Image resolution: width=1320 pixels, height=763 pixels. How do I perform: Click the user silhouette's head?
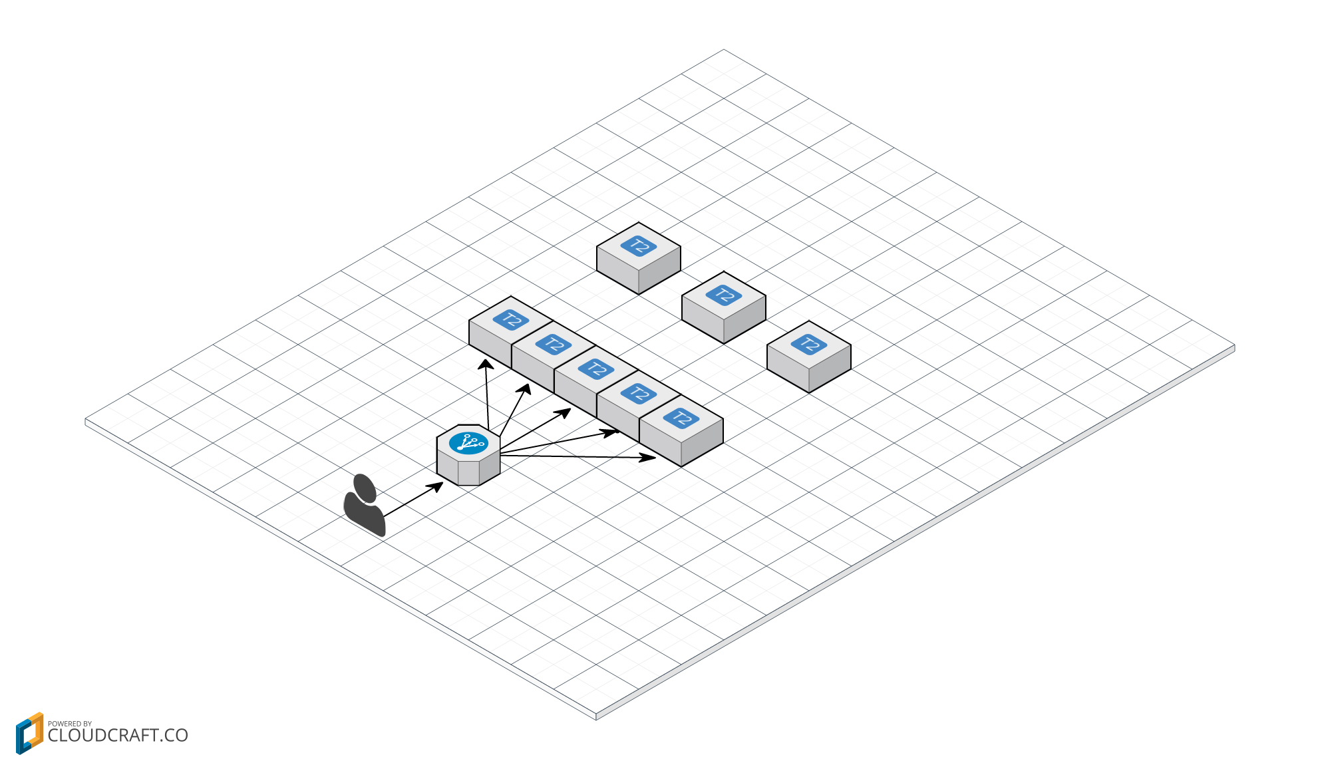[x=365, y=488]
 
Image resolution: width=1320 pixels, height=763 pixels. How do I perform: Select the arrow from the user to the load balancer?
[x=412, y=500]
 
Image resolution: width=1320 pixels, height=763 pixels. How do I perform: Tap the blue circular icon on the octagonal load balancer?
[x=468, y=443]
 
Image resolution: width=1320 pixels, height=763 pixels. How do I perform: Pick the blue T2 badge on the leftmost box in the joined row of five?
[x=511, y=320]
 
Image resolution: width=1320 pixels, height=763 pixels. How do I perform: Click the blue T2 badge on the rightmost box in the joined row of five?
[x=681, y=418]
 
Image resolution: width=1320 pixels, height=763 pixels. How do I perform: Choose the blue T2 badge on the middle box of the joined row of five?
[x=596, y=369]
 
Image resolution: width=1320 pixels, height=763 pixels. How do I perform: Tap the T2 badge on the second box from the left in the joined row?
[x=554, y=345]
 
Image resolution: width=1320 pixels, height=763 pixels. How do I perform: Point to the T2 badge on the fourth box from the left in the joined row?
[x=639, y=394]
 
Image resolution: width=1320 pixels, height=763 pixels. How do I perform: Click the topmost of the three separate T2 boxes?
[x=639, y=256]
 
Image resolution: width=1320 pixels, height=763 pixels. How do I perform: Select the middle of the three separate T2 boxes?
[x=724, y=305]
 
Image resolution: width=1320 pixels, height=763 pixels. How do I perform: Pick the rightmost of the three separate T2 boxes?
[x=809, y=355]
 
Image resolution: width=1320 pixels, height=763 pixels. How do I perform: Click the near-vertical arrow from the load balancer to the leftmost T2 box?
[x=487, y=396]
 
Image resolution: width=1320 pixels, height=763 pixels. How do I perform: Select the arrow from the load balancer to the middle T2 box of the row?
[x=536, y=428]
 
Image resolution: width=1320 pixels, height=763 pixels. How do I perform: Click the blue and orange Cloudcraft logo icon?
[x=29, y=733]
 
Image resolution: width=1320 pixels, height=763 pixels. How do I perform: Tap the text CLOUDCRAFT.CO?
[x=118, y=736]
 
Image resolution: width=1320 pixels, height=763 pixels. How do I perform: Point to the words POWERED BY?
[x=70, y=724]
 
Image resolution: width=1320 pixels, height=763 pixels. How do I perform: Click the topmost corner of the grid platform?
[x=724, y=50]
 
